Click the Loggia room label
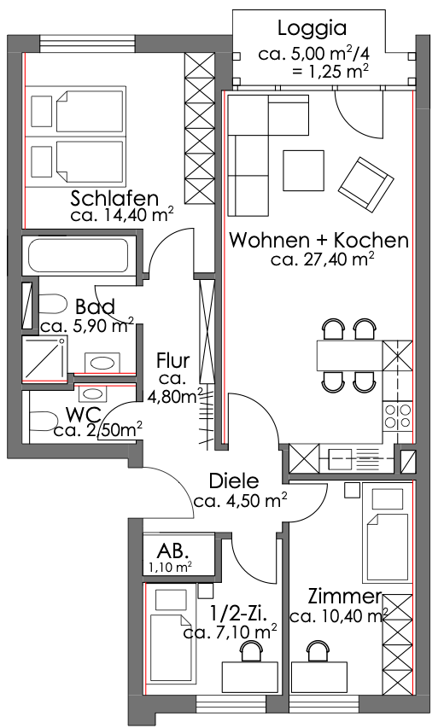coord(312,28)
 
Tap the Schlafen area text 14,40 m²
coord(132,215)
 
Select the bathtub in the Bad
coord(79,255)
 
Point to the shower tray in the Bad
coord(44,358)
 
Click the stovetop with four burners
coord(398,416)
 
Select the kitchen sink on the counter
coord(341,457)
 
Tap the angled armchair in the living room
coord(366,185)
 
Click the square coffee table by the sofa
coord(303,170)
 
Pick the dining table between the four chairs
coord(350,355)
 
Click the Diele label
coord(234,481)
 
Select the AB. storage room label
coord(172,550)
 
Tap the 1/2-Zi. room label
coord(239,614)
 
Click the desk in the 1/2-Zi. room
coord(250,677)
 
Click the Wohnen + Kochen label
coord(319,241)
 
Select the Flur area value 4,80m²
coord(175,396)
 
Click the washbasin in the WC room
coord(94,394)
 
